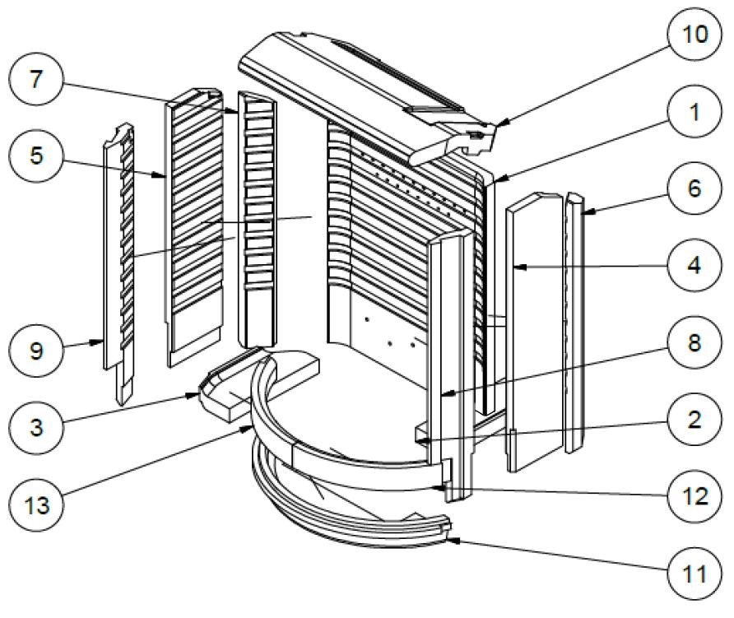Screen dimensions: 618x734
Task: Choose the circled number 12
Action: point(693,497)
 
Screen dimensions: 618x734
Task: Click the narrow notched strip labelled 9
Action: point(114,263)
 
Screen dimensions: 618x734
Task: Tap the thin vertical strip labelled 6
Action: point(574,321)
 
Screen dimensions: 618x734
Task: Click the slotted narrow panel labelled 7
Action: point(258,222)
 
